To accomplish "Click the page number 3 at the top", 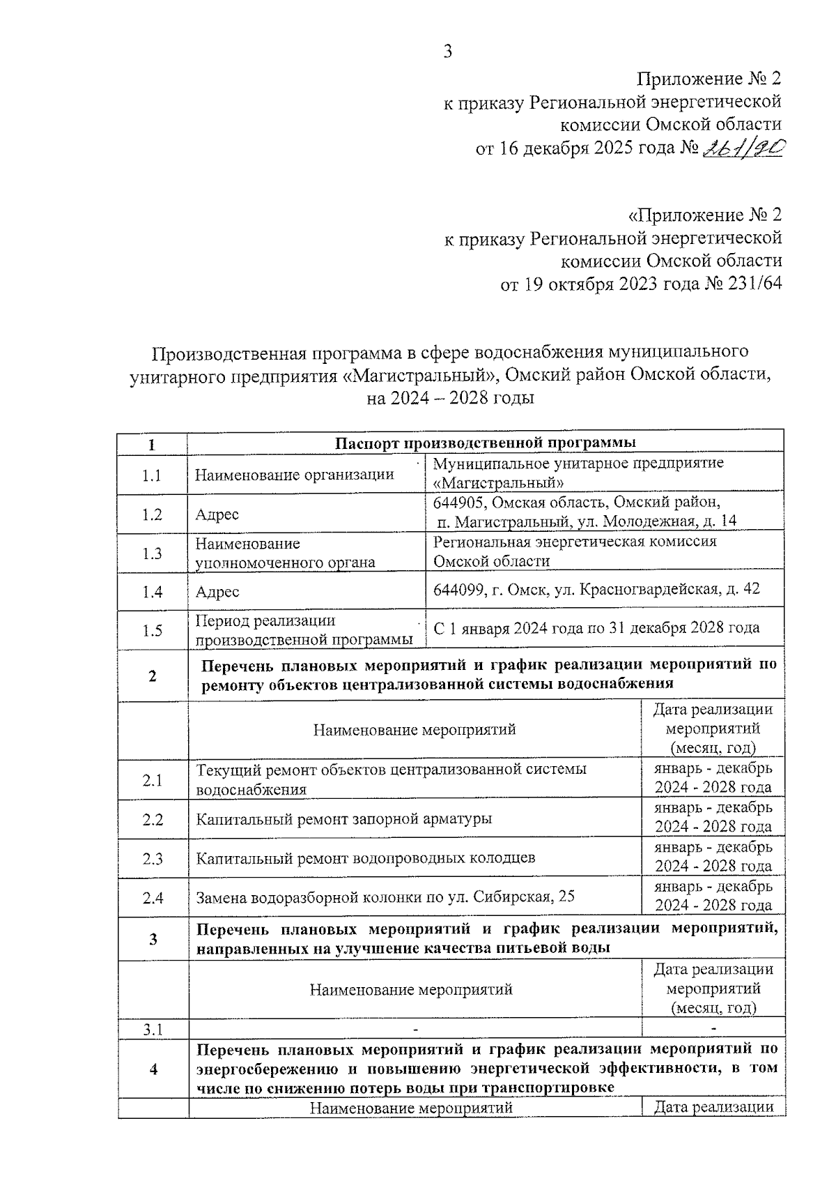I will (448, 51).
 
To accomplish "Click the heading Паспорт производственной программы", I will (485, 443).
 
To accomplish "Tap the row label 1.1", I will (152, 475).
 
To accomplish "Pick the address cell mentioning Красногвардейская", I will (596, 589).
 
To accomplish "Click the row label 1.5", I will (152, 630).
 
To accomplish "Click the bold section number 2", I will (152, 675).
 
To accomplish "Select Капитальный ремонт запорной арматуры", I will (343, 818).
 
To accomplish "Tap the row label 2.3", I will (152, 858).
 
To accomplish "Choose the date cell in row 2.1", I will (712, 778).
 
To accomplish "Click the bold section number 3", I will (152, 939).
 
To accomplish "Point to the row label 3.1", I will (152, 1029).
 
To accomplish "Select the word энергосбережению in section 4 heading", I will (266, 1069).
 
